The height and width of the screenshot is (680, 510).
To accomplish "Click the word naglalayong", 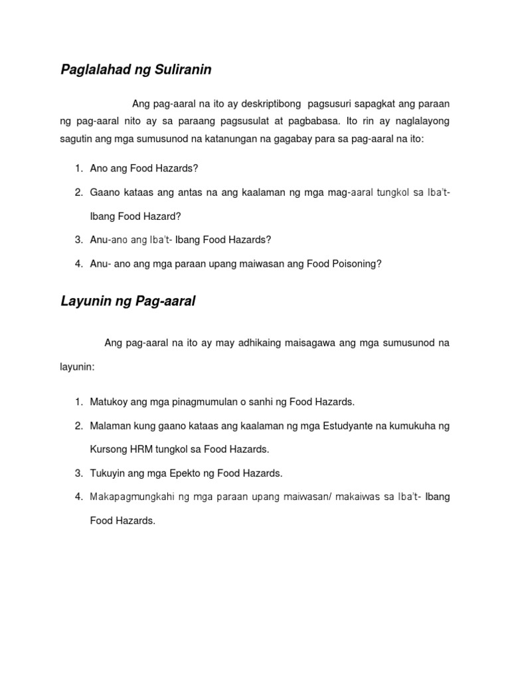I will pos(418,122).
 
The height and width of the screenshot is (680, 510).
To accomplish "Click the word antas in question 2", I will pos(175,193).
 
